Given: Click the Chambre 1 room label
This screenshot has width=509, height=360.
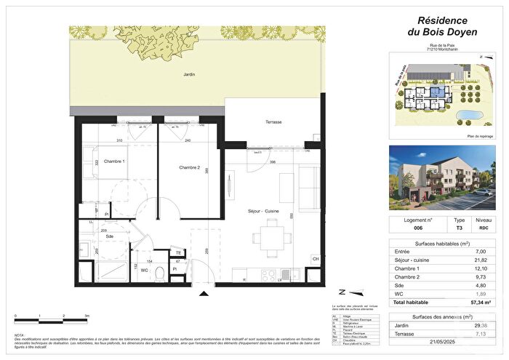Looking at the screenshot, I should point(113,161).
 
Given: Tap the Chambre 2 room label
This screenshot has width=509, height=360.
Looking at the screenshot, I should point(189,168).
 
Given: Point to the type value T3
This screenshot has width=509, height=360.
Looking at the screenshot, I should point(459,228).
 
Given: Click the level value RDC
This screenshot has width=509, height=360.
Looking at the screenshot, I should point(484,228).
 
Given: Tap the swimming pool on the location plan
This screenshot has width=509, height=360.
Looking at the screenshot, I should point(469,115).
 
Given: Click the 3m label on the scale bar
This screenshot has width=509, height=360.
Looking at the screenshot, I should point(87,316).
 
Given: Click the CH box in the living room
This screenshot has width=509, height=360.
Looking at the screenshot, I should point(315,259).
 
